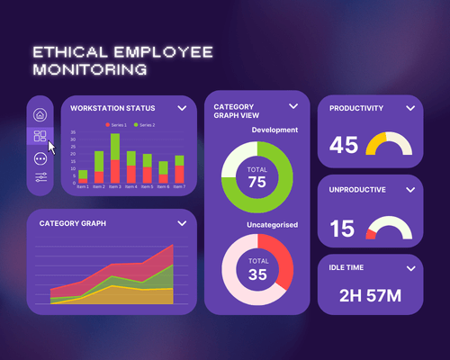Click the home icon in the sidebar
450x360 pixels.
40,114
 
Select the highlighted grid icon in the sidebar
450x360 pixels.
40,136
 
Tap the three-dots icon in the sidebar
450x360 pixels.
40,157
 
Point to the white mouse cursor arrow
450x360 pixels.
51,147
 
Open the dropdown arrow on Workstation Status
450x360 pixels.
182,108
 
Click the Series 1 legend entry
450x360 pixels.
116,124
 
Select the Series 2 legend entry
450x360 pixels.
145,124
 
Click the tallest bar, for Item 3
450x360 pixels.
115,157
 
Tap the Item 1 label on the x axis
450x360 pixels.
83,187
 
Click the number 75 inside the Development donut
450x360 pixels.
257,183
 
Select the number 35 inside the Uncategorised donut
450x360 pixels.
257,274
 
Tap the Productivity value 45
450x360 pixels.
344,145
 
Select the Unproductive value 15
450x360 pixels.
343,229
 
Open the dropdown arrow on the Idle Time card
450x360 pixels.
410,267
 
